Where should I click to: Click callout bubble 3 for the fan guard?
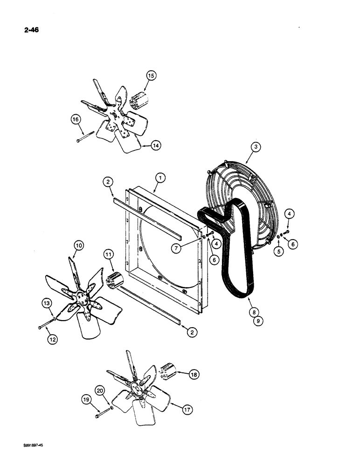(255, 148)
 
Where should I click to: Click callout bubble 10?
(77, 245)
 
